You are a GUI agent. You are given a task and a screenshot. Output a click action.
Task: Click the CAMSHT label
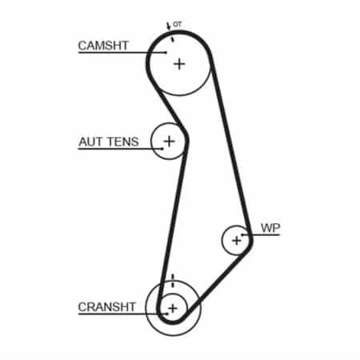click(x=103, y=46)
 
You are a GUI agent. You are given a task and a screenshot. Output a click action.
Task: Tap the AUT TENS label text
click(x=109, y=142)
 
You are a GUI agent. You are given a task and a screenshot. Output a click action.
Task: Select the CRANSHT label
click(x=106, y=307)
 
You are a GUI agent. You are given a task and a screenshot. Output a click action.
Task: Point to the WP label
click(x=270, y=228)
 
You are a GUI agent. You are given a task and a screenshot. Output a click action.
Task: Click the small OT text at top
click(x=177, y=25)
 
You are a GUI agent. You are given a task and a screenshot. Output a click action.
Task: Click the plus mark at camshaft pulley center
click(x=179, y=64)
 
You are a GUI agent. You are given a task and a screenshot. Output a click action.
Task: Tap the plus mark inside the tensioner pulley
click(x=169, y=141)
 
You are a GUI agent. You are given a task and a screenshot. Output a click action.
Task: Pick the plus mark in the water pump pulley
click(x=237, y=241)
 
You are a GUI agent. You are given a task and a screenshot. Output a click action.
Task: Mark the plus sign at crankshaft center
click(x=173, y=309)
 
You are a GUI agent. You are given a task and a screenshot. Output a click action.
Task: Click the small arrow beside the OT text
click(x=168, y=26)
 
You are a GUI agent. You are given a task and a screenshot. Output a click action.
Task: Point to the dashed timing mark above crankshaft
click(x=173, y=281)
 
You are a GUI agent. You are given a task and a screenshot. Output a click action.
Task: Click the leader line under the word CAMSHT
click(x=122, y=52)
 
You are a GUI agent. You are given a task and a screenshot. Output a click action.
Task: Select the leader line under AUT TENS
click(x=121, y=149)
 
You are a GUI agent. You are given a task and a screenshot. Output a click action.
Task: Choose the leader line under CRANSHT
click(x=123, y=314)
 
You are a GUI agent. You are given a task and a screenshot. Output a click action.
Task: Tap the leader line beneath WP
click(x=261, y=234)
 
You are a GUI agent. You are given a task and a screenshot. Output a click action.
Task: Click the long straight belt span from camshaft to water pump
click(x=231, y=146)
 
